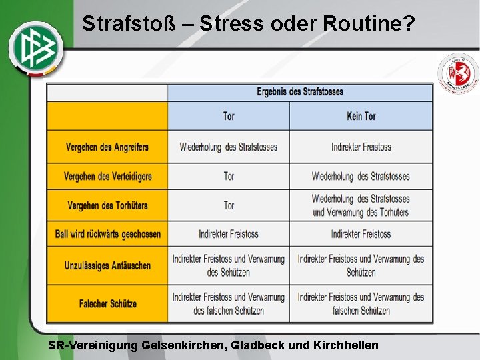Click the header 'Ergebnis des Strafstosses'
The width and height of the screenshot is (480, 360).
(x=299, y=92)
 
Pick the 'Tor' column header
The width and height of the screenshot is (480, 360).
(x=229, y=116)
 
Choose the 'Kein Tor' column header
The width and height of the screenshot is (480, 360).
(x=361, y=116)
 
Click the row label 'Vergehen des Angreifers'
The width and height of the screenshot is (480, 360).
(x=107, y=147)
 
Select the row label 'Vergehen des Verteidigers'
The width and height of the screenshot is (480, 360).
(x=107, y=176)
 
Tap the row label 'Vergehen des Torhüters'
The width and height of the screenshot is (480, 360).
(x=107, y=205)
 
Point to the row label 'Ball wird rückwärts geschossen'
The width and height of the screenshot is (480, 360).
(x=107, y=234)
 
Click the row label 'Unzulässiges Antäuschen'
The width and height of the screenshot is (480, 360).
(x=107, y=265)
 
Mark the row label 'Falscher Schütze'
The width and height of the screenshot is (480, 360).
(x=107, y=303)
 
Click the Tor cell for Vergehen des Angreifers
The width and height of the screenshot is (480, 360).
(x=229, y=147)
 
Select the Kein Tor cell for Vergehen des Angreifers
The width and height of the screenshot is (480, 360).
(x=361, y=147)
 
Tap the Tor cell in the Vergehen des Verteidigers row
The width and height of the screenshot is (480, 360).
(x=229, y=176)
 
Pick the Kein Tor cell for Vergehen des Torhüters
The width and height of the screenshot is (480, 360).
(x=361, y=205)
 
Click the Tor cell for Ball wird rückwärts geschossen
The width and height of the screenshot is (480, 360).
(x=229, y=234)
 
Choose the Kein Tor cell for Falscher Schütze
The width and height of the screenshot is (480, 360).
(x=361, y=303)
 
